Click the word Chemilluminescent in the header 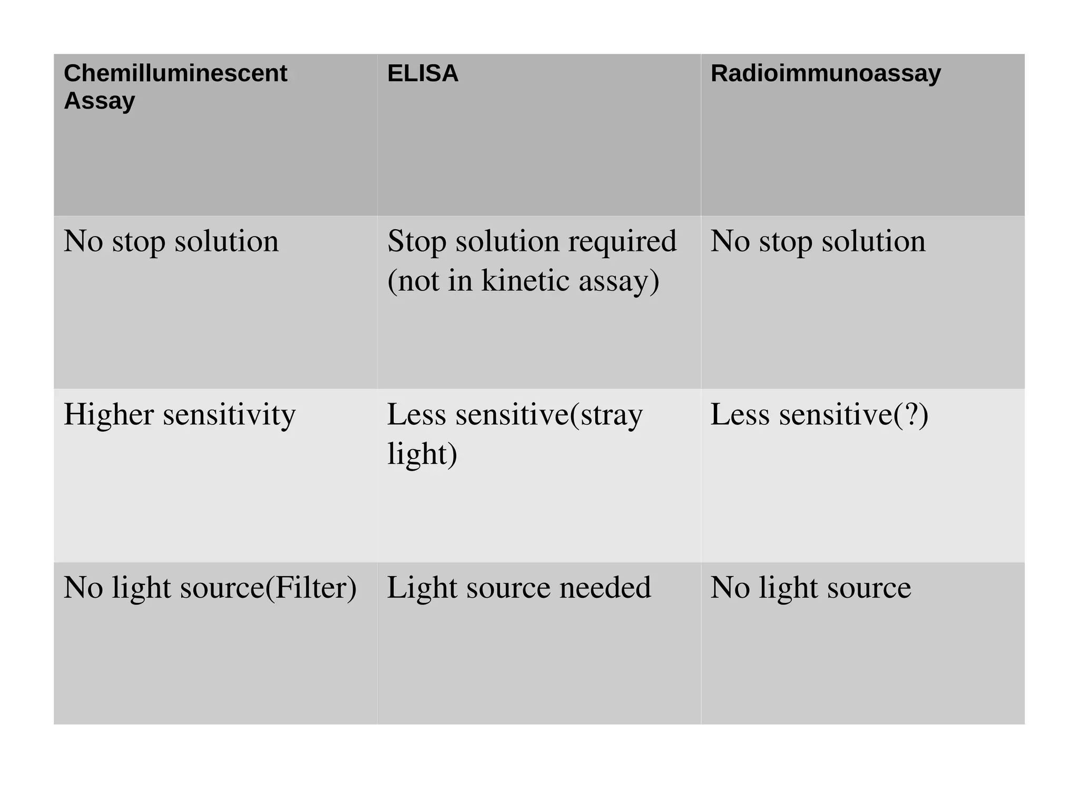(175, 73)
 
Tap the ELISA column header (423, 73)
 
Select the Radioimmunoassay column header (826, 73)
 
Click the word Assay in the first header (100, 101)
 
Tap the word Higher (109, 414)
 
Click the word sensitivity (229, 415)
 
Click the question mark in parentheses (911, 414)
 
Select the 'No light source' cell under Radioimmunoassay (810, 588)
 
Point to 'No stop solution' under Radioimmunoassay (818, 241)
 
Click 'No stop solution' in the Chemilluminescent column (171, 241)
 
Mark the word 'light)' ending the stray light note (422, 454)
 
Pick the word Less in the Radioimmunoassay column (740, 414)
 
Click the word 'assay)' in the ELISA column (619, 280)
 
